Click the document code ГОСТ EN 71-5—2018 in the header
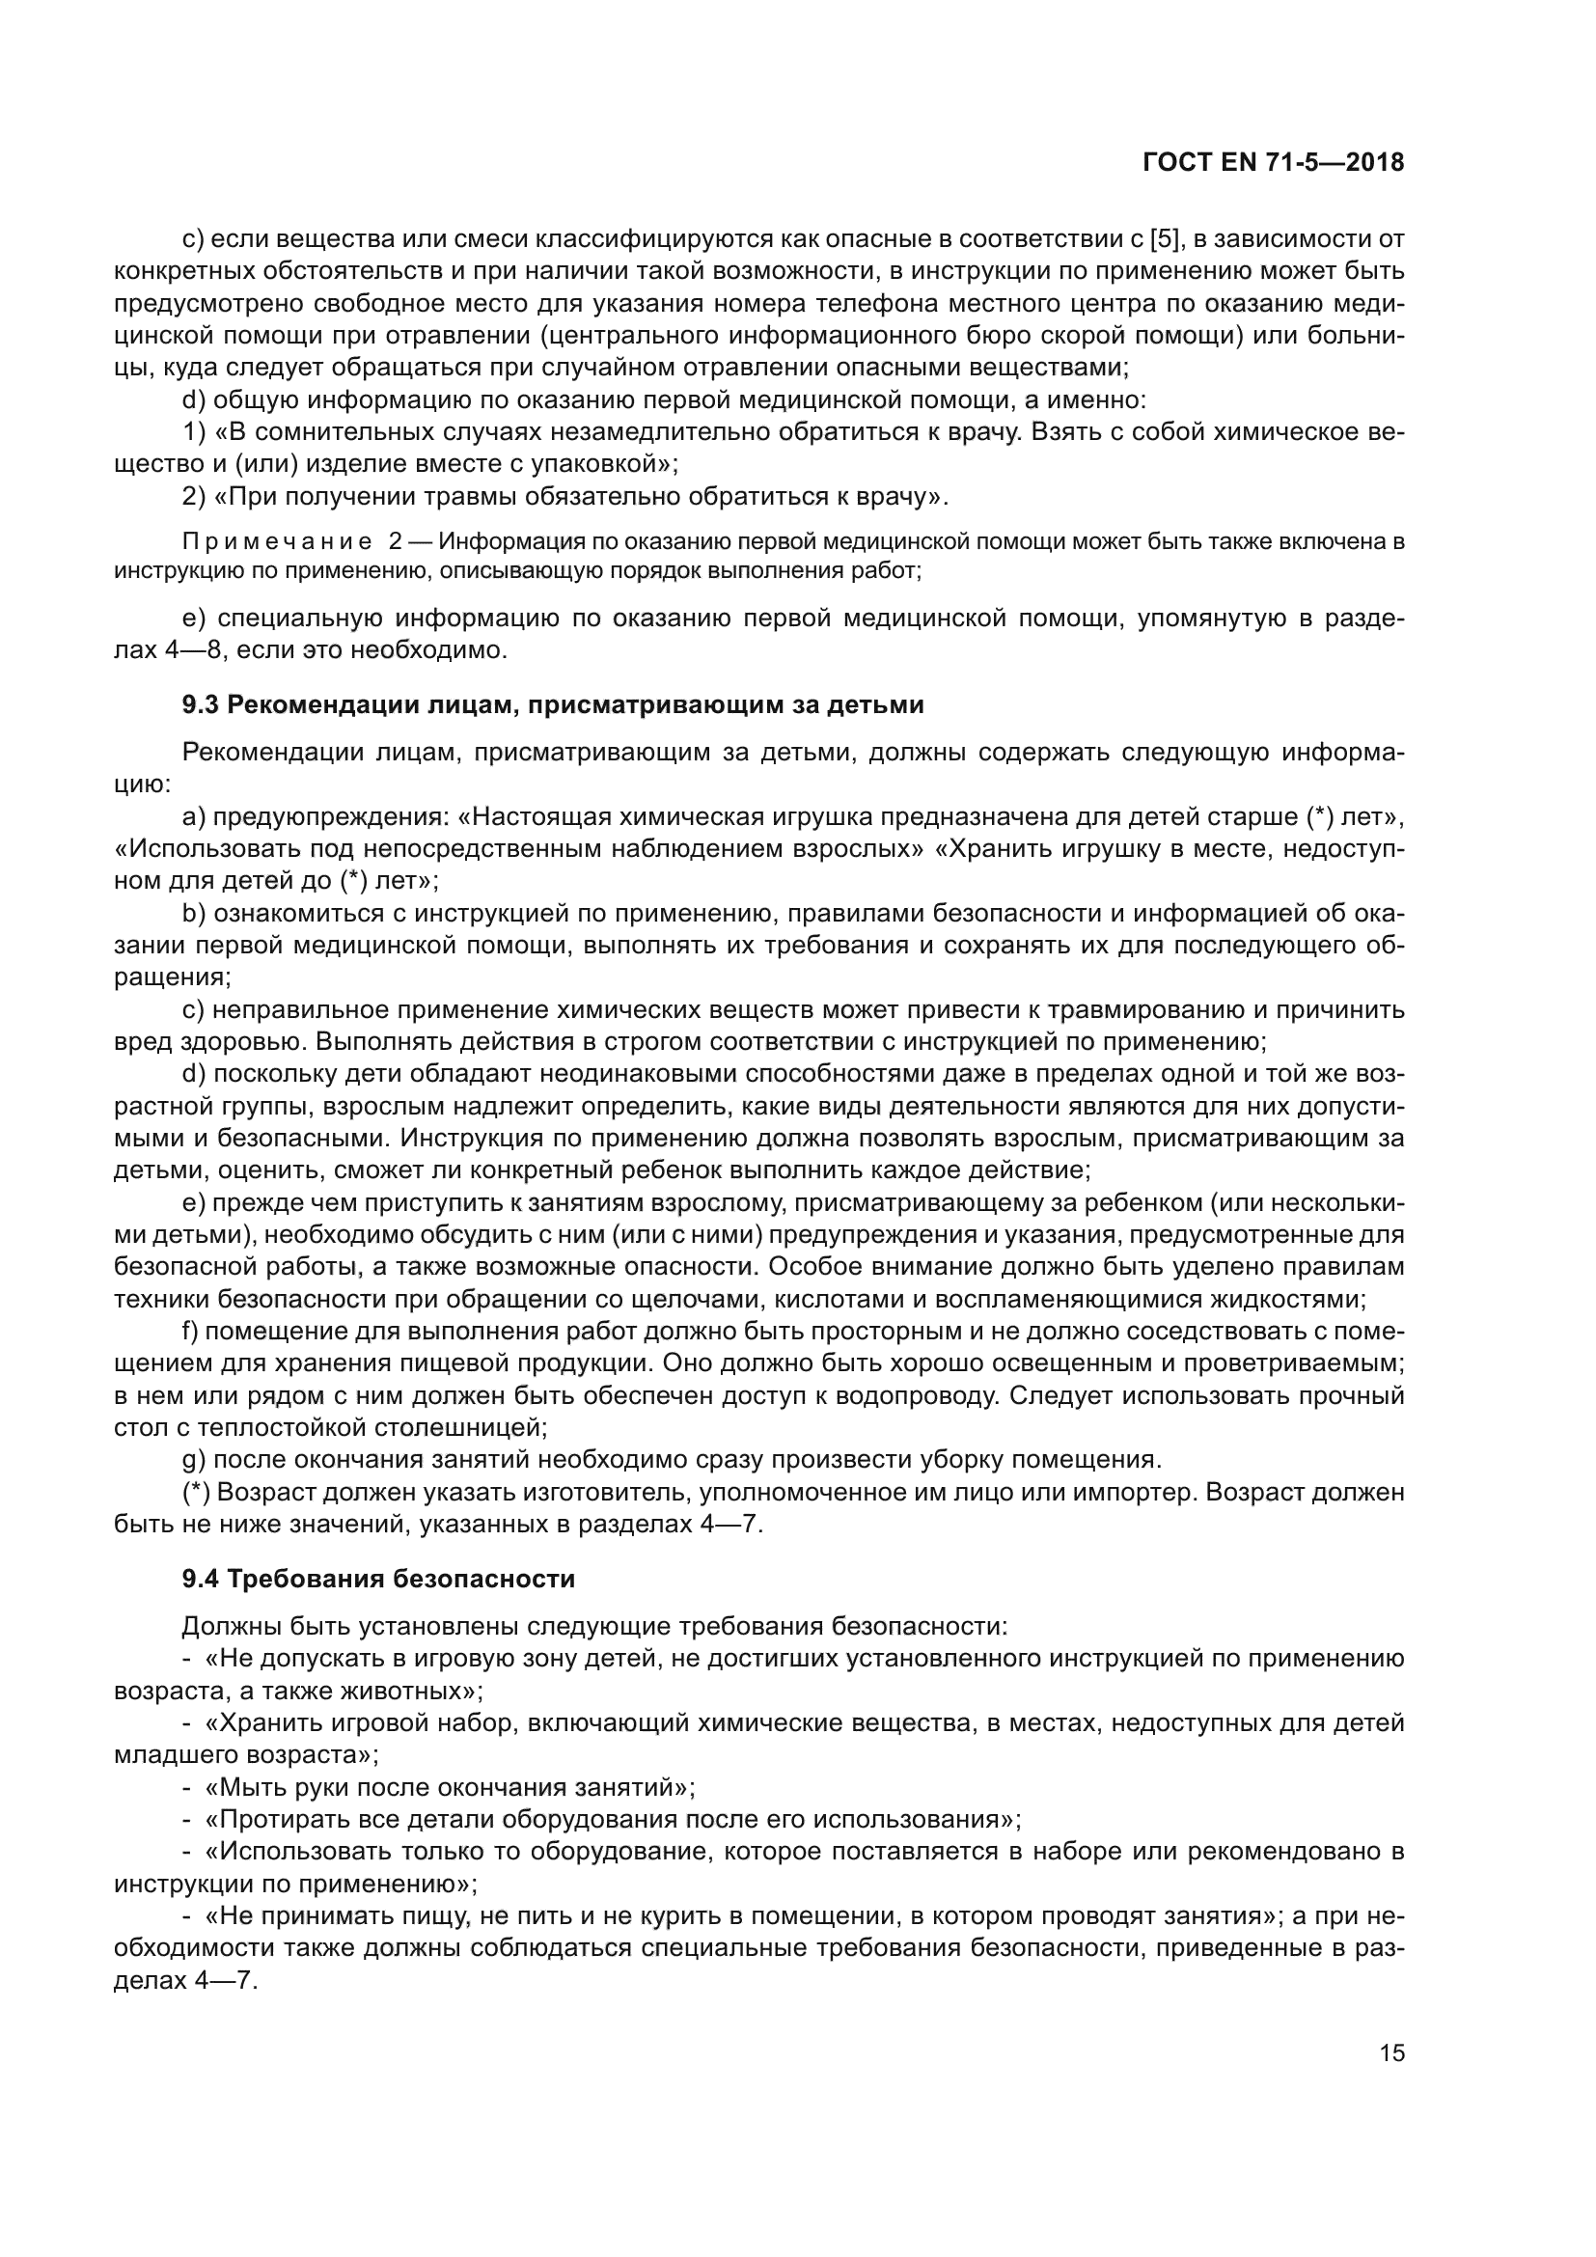click(x=1274, y=163)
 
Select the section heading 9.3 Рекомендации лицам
click(x=552, y=704)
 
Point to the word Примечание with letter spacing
click(x=277, y=541)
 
